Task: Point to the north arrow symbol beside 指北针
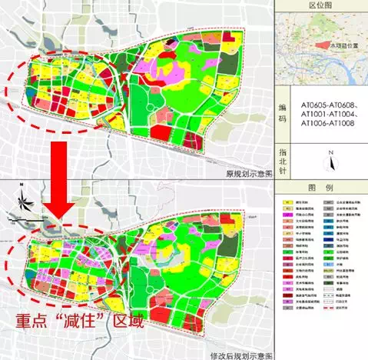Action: pos(328,164)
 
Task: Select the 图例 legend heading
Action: pos(322,188)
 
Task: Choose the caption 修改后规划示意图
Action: pos(239,354)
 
